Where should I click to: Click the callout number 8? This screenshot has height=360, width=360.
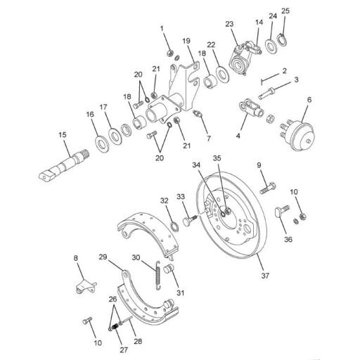click(x=76, y=259)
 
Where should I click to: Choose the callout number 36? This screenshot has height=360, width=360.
click(x=288, y=238)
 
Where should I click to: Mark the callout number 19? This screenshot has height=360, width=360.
click(x=187, y=41)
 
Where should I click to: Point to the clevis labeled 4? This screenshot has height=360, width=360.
click(x=250, y=110)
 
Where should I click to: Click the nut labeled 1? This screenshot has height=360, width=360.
click(x=169, y=53)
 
